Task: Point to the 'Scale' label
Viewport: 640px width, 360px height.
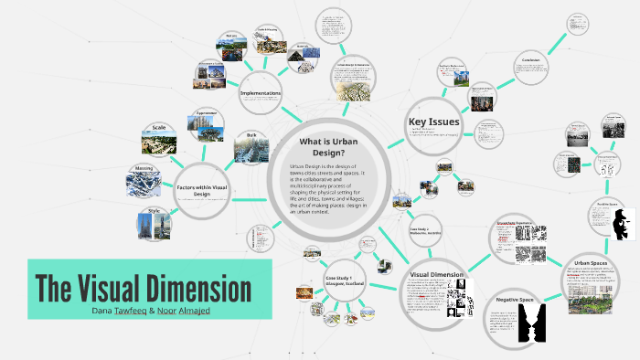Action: [x=158, y=127]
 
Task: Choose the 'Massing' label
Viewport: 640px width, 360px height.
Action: [x=144, y=168]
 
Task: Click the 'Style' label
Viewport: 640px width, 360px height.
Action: [x=152, y=212]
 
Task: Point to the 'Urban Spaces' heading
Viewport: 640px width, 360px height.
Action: [x=590, y=262]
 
